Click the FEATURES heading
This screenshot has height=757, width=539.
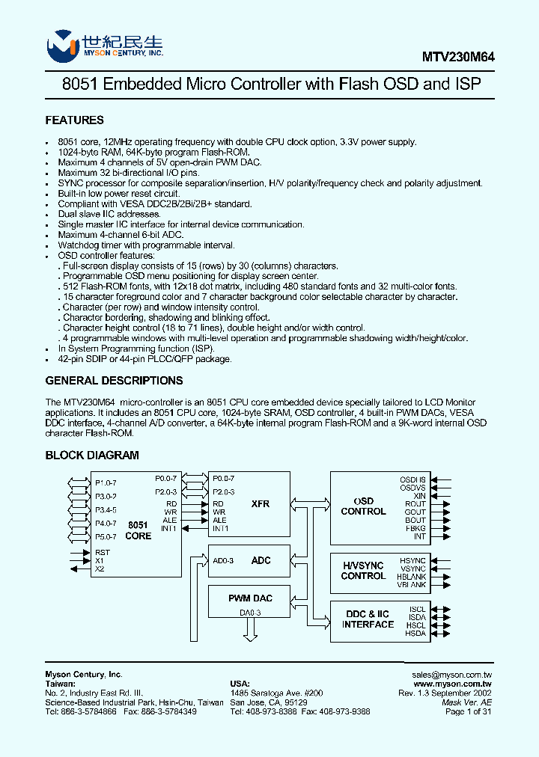(75, 120)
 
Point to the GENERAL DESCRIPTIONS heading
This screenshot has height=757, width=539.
(109, 380)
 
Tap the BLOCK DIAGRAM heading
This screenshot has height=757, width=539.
(92, 455)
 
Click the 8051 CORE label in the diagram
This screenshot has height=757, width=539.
(138, 530)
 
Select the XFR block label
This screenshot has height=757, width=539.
(261, 504)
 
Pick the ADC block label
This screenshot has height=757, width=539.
(261, 560)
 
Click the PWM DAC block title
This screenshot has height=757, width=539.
(250, 598)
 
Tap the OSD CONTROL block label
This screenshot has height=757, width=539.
(363, 506)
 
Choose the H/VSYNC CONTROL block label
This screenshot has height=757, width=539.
(363, 571)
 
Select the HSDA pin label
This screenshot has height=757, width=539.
(415, 634)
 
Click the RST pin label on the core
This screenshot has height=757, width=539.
(102, 553)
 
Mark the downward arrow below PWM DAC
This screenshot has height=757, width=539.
(250, 631)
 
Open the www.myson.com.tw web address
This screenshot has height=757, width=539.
(452, 684)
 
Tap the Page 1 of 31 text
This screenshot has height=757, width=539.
(468, 712)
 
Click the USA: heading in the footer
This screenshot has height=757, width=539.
(240, 684)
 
